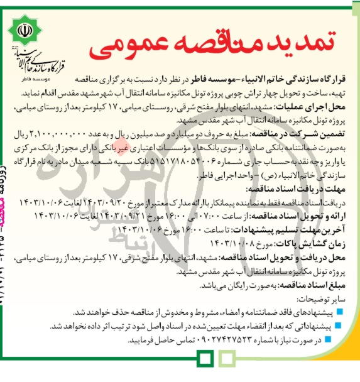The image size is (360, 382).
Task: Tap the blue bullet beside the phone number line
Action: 340,340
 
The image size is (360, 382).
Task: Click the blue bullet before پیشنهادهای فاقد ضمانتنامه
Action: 340,312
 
